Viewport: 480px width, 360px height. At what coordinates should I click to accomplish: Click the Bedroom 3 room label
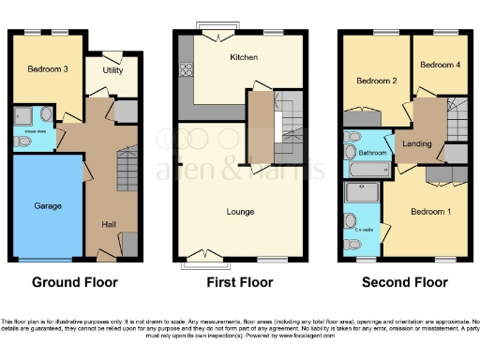tap(40, 69)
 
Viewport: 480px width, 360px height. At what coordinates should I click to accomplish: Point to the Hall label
tap(109, 223)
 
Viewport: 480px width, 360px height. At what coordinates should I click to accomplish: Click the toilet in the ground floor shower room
tap(22, 142)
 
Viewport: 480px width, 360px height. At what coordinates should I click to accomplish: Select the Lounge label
tap(240, 212)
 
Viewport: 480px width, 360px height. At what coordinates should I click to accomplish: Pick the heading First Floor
tap(240, 282)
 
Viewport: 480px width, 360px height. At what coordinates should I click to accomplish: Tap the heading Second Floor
tap(405, 282)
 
